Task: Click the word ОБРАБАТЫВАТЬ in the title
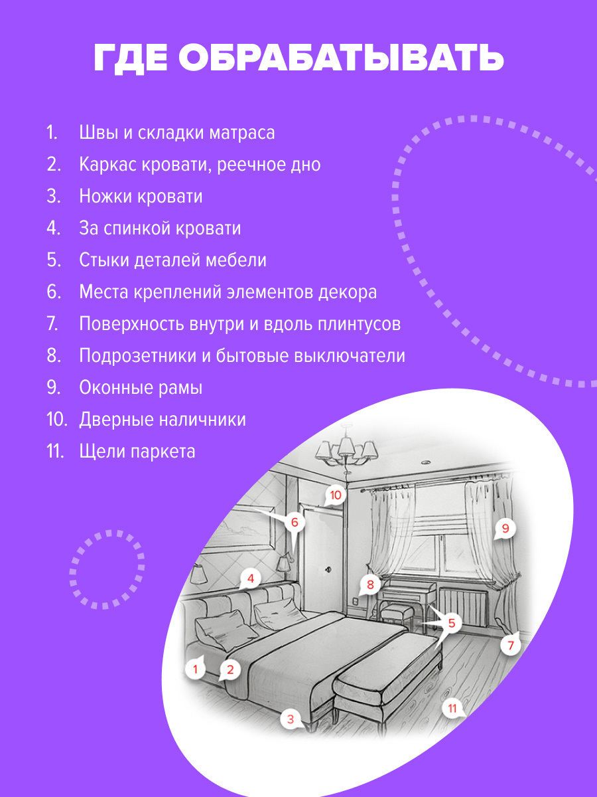click(x=341, y=58)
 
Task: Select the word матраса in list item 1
click(x=241, y=132)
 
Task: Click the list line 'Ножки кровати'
click(x=141, y=196)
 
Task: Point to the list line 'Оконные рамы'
click(x=141, y=387)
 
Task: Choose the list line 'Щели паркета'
click(x=137, y=451)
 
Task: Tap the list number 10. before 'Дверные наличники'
click(x=57, y=419)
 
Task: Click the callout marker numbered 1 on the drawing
click(x=196, y=668)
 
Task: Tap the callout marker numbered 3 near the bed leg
click(x=290, y=718)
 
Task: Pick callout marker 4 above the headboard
click(x=250, y=578)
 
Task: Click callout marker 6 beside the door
click(x=295, y=522)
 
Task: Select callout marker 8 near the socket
click(x=370, y=585)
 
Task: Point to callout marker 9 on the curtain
click(x=505, y=529)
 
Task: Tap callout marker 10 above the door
click(x=335, y=495)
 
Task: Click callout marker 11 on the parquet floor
click(x=452, y=708)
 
